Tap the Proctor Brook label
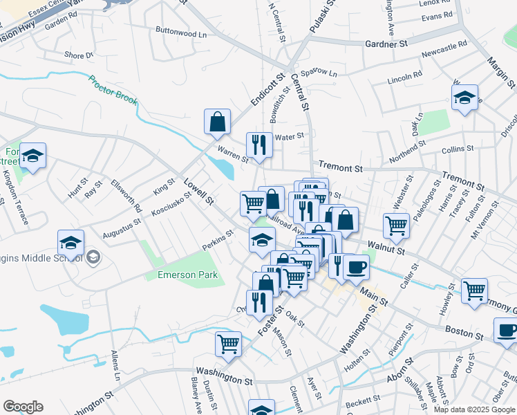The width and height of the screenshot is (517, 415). pos(113,94)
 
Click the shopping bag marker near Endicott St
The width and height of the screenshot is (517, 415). pos(218,122)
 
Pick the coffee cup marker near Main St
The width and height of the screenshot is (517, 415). pos(356,267)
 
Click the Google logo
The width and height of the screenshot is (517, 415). pos(23,407)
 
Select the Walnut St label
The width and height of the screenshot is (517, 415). pos(386,245)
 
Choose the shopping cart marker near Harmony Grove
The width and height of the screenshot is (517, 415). pos(474,291)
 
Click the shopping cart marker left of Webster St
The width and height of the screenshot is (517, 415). pos(397,225)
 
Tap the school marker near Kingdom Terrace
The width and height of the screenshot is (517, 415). pos(32,156)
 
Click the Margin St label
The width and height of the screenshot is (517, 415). pos(496,67)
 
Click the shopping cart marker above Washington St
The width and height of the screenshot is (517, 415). pos(229,344)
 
